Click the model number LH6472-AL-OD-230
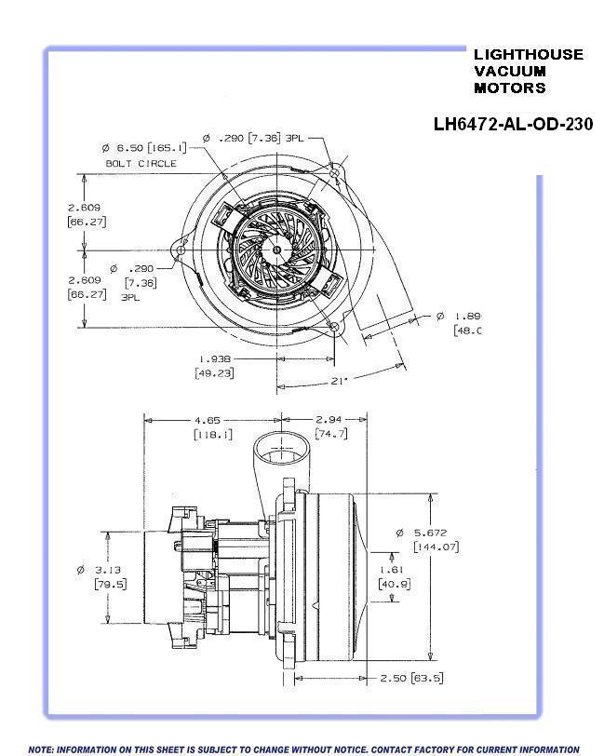tap(513, 124)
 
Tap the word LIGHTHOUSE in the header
tap(528, 55)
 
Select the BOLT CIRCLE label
tap(141, 163)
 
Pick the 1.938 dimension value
tap(214, 358)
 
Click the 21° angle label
tap(340, 380)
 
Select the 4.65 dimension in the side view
tap(212, 420)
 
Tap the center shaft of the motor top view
tap(276, 250)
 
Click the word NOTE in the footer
tap(42, 749)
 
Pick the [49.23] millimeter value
tap(214, 372)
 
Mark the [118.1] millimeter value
tap(213, 435)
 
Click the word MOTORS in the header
tap(510, 88)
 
